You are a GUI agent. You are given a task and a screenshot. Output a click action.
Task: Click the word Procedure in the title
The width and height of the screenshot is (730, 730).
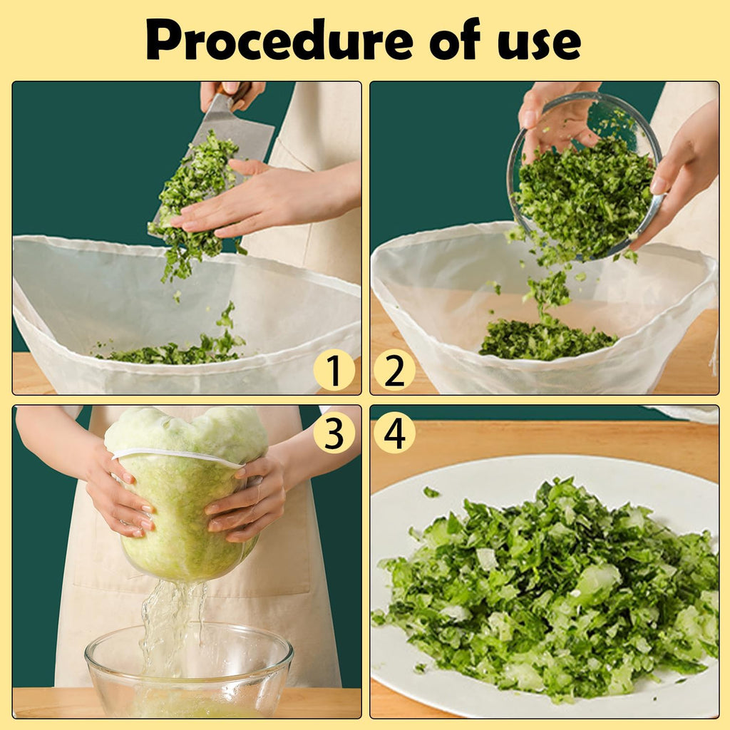click(x=279, y=41)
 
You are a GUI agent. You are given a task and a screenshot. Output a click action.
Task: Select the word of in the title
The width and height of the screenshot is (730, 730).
click(x=454, y=39)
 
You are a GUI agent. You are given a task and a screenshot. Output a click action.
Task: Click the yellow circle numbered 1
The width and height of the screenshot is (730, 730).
click(x=334, y=370)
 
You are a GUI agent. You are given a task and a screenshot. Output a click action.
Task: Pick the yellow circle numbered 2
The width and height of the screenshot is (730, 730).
click(x=394, y=370)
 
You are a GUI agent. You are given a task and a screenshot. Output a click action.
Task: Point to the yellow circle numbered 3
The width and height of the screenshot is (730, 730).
click(x=334, y=433)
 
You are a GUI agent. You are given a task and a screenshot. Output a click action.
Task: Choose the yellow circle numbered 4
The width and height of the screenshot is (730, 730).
click(x=394, y=433)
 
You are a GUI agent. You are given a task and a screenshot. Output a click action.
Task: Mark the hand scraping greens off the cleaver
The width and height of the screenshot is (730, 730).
click(x=261, y=198)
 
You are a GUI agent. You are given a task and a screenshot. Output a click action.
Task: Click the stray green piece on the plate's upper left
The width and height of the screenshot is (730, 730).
click(x=431, y=492)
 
